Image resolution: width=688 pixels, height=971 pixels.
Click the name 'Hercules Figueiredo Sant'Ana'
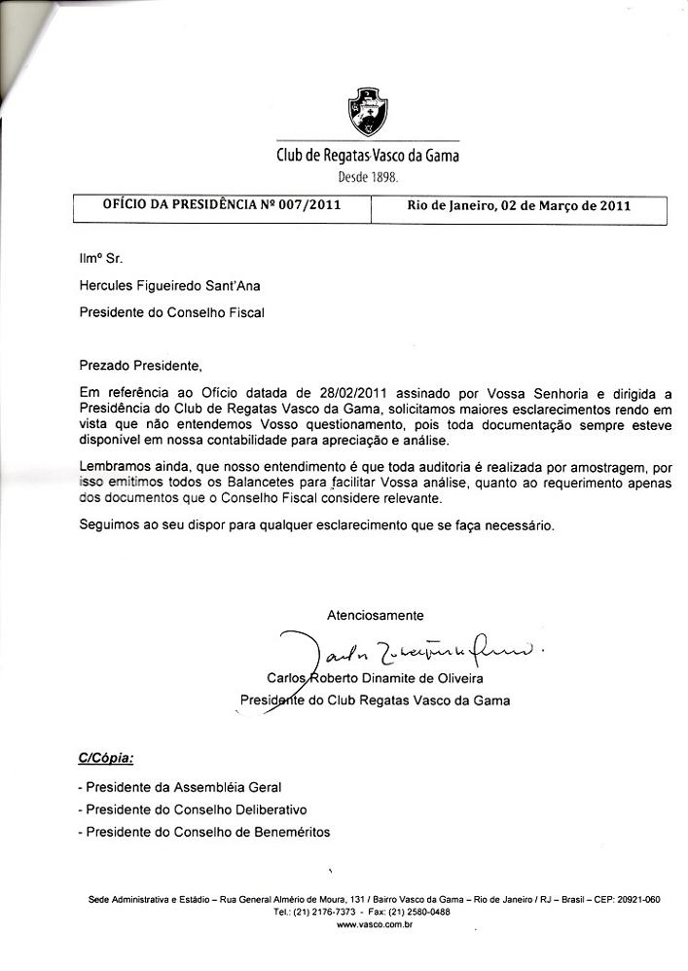click(170, 285)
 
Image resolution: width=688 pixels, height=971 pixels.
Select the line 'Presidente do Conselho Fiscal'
click(171, 312)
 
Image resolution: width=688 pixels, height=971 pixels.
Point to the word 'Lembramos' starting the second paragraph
click(113, 467)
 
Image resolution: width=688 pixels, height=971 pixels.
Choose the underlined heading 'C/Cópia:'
click(106, 756)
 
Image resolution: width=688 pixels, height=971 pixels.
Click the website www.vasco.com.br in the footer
click(375, 925)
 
